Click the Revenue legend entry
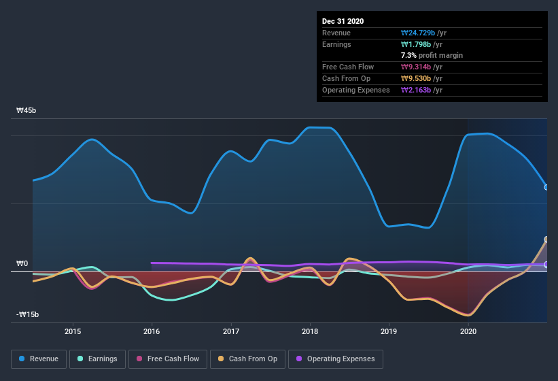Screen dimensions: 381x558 pos(39,359)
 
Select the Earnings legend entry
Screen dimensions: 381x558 pos(97,359)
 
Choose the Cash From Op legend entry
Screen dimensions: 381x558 pos(247,359)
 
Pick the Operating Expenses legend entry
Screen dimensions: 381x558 pos(335,359)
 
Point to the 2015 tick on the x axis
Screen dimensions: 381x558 pos(73,331)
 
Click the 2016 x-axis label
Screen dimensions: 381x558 pos(152,331)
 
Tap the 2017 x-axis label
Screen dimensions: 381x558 pos(231,331)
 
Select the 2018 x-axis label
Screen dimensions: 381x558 pos(310,331)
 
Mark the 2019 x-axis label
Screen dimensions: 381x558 pos(389,331)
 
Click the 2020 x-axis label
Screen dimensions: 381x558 pos(468,331)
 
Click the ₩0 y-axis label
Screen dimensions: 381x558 pos(22,263)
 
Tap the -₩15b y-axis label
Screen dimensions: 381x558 pos(28,314)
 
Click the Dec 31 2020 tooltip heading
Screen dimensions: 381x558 pos(343,21)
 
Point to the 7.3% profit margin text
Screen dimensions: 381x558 pos(432,55)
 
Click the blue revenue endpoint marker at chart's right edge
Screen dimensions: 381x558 pos(546,187)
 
